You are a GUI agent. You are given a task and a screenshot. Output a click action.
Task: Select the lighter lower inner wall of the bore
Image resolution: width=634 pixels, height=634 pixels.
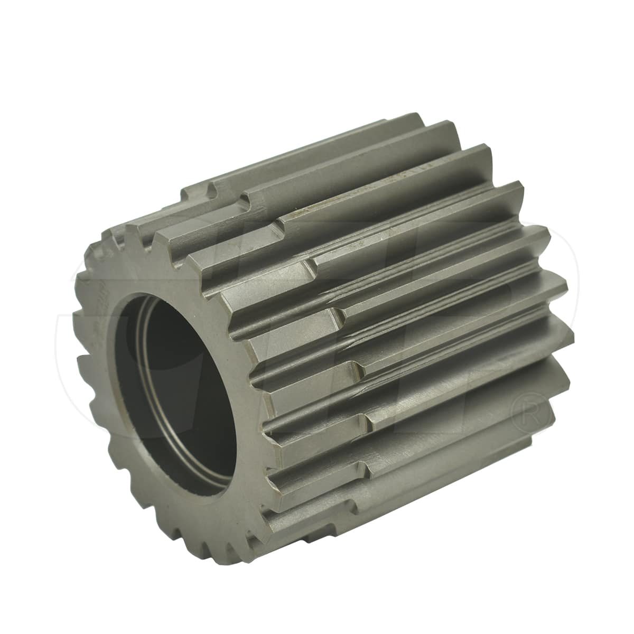point(195,465)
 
